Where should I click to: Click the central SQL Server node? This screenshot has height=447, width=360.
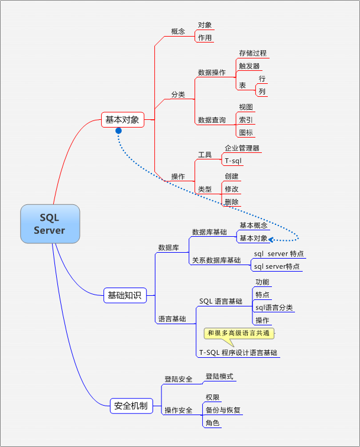pyautogui.click(x=50, y=224)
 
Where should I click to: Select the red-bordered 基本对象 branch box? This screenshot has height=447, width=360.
pyautogui.click(x=122, y=120)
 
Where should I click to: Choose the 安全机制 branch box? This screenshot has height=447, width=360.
pyautogui.click(x=131, y=406)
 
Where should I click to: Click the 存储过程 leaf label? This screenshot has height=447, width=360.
pyautogui.click(x=252, y=53)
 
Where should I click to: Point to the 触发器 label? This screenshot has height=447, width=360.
pyautogui.click(x=249, y=67)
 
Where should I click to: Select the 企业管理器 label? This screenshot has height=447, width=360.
pyautogui.click(x=242, y=148)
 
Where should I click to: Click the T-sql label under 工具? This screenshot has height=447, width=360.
pyautogui.click(x=233, y=161)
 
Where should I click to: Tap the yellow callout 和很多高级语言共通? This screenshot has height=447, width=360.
pyautogui.click(x=239, y=334)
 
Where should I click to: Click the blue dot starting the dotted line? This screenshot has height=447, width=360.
pyautogui.click(x=118, y=130)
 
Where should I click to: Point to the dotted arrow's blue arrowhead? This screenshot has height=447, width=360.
pyautogui.click(x=272, y=239)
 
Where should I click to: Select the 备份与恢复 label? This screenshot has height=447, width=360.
pyautogui.click(x=223, y=410)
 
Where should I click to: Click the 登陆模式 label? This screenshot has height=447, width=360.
pyautogui.click(x=219, y=376)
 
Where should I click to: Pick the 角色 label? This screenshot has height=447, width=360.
pyautogui.click(x=212, y=423)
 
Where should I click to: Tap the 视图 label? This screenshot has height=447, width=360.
pyautogui.click(x=246, y=107)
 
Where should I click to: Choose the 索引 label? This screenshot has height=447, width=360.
pyautogui.click(x=246, y=120)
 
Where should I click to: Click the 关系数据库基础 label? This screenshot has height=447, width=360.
pyautogui.click(x=216, y=260)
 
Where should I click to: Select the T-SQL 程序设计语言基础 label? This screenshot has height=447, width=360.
pyautogui.click(x=238, y=353)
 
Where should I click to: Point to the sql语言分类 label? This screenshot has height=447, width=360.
pyautogui.click(x=274, y=308)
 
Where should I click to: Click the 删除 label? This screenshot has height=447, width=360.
pyautogui.click(x=232, y=202)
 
